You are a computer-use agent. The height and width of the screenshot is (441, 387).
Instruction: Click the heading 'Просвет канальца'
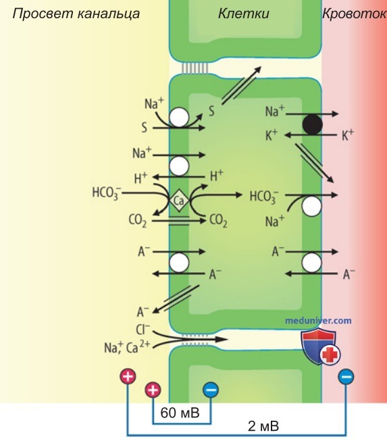(76, 14)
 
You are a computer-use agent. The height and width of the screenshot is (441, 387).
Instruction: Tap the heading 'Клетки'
(244, 14)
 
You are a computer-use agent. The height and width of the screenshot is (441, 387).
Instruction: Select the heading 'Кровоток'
(355, 14)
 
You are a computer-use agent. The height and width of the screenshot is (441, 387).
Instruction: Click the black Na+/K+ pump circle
(312, 125)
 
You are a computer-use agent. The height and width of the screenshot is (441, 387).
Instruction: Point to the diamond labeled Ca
(179, 201)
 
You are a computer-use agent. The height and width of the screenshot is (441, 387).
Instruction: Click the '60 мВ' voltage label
(180, 413)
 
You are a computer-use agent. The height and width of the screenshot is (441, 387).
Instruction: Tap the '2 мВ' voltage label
(263, 426)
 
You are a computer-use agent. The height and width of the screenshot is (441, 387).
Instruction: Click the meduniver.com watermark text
(318, 321)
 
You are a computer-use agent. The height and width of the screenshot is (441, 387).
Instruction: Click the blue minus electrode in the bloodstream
(346, 377)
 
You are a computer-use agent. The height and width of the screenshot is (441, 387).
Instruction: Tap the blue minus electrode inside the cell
(211, 390)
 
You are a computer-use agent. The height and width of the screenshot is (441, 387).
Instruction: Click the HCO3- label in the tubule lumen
(107, 194)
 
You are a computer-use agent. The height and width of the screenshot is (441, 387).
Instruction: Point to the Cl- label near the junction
(143, 330)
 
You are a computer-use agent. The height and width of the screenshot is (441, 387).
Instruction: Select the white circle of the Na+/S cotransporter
(179, 118)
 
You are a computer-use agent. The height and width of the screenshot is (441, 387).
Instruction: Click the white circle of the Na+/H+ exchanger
(179, 166)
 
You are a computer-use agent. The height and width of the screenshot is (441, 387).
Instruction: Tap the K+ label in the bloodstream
(348, 135)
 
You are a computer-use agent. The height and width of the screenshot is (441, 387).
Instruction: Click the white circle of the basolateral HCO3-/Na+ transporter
(311, 207)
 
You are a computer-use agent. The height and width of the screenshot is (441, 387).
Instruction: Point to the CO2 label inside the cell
(218, 221)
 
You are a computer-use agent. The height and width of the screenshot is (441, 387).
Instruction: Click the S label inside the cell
(211, 111)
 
